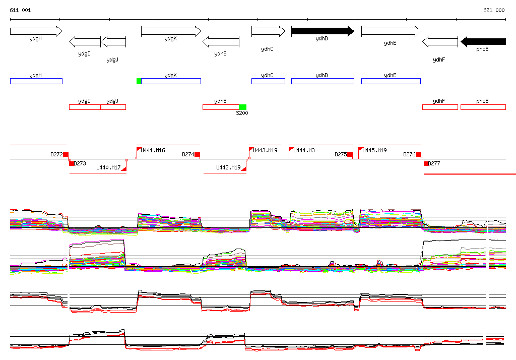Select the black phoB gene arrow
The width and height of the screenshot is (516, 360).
(x=483, y=41)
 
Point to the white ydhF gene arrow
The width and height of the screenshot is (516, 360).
(x=439, y=41)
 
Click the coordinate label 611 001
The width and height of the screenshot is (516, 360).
(x=20, y=10)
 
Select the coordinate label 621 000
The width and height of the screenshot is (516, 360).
(x=494, y=10)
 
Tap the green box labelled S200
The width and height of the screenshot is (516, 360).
(x=242, y=107)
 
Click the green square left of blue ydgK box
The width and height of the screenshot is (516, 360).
(x=139, y=81)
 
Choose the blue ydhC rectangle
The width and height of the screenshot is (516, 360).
(x=268, y=81)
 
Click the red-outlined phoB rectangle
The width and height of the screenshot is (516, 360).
(x=483, y=107)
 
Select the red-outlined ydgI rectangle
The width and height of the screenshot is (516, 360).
(x=85, y=107)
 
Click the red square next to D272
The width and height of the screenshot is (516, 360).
(x=66, y=154)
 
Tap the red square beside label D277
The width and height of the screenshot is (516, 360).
(x=426, y=163)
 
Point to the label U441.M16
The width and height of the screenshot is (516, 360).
(x=153, y=150)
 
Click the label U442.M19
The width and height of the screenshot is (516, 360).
(x=228, y=167)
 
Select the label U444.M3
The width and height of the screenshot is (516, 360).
(x=304, y=150)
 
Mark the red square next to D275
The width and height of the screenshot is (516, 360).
(x=350, y=154)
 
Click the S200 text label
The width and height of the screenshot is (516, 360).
(x=242, y=113)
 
